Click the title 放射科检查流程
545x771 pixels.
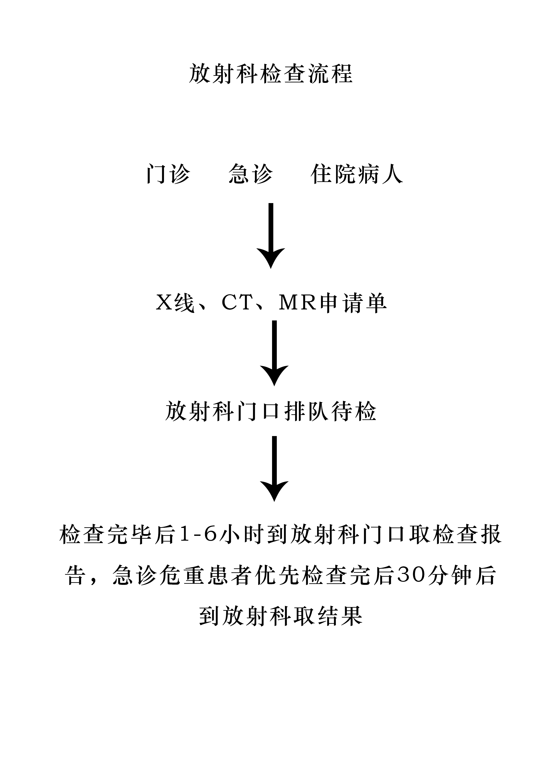point(271,74)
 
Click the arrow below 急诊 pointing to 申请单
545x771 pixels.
point(271,236)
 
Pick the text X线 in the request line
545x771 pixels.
point(175,303)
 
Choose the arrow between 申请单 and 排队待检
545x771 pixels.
point(274,353)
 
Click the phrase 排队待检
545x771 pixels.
point(331,412)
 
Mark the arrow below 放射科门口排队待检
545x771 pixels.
point(274,469)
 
